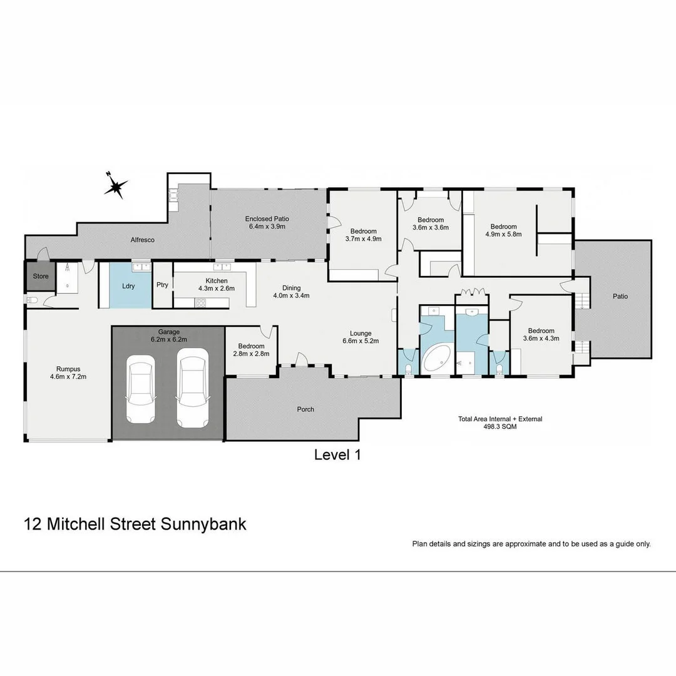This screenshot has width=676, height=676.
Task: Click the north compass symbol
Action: (116, 186)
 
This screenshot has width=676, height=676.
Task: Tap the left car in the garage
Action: (140, 389)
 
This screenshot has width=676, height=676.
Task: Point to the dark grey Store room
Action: (41, 276)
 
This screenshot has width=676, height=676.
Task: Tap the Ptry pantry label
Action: (162, 284)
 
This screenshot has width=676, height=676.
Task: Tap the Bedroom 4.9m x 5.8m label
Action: (503, 230)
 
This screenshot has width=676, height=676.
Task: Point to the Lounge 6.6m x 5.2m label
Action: (361, 337)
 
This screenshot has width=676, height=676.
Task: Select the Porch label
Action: (305, 409)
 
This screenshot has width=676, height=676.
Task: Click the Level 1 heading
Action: (337, 455)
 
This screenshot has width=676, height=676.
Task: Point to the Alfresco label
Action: (142, 240)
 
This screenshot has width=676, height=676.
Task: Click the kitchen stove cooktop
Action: (202, 303)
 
